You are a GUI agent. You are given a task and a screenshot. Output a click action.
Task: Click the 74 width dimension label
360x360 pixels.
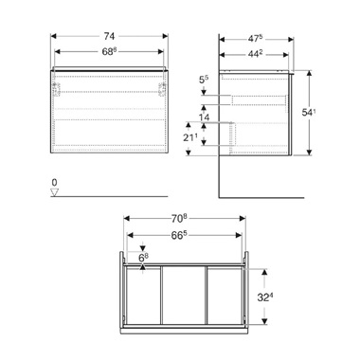109,36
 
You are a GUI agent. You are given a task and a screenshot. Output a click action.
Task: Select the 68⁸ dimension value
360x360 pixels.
109,52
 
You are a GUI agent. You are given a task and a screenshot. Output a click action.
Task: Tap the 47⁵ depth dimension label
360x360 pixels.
255,39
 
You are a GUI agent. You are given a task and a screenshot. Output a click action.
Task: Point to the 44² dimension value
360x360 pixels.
255,54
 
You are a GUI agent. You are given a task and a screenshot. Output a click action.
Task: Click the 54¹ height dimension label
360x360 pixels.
309,113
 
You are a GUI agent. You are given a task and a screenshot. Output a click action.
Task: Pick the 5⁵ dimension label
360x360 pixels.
204,81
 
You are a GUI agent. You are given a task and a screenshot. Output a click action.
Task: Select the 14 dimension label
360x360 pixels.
204,117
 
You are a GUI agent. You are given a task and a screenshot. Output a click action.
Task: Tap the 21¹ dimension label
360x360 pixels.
191,137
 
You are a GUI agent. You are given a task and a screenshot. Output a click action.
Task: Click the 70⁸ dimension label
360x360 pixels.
179,219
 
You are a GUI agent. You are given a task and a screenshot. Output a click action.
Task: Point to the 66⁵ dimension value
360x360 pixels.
178,235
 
